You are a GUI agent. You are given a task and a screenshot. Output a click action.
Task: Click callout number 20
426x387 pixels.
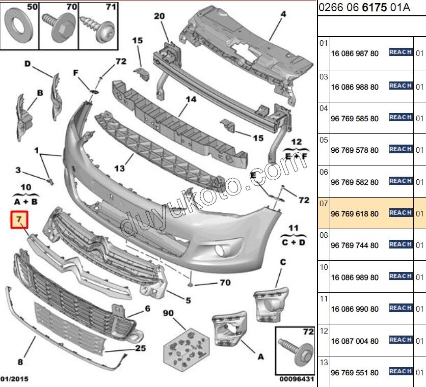159,16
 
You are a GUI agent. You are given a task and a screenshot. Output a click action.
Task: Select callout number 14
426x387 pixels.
191,100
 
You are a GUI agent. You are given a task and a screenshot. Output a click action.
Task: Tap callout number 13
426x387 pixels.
119,168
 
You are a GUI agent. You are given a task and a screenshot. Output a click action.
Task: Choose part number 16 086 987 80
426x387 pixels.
355,53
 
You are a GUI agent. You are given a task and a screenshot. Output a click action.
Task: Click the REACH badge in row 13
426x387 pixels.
401,371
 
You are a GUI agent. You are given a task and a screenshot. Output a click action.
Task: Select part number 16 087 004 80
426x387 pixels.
355,341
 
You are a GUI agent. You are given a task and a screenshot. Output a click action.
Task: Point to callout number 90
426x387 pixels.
168,313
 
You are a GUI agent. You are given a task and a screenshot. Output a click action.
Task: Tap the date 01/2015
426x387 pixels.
14,379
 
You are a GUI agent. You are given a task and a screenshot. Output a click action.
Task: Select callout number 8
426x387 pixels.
20,362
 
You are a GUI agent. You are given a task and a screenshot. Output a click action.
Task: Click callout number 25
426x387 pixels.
140,348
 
